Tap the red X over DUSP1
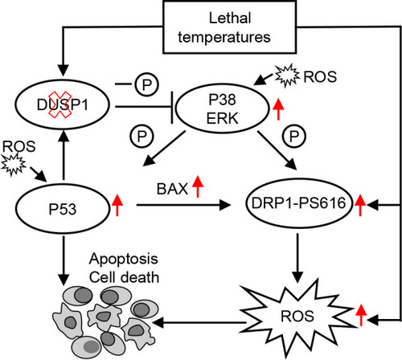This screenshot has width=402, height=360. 59,104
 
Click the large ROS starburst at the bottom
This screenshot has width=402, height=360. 297,316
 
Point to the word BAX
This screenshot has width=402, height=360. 172,189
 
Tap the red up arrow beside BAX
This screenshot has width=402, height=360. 198,186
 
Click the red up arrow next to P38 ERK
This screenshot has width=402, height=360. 278,109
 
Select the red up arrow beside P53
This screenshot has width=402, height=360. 117,205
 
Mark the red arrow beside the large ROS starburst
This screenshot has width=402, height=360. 361,315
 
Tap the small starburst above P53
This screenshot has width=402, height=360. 13,165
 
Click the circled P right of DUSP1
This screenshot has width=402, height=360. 146,84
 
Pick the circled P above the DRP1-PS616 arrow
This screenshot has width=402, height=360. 294,136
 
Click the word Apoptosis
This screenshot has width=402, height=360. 124,259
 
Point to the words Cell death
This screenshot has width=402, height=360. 124,277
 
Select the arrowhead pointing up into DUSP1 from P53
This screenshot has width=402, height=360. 64,136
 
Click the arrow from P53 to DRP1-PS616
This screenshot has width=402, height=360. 183,206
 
